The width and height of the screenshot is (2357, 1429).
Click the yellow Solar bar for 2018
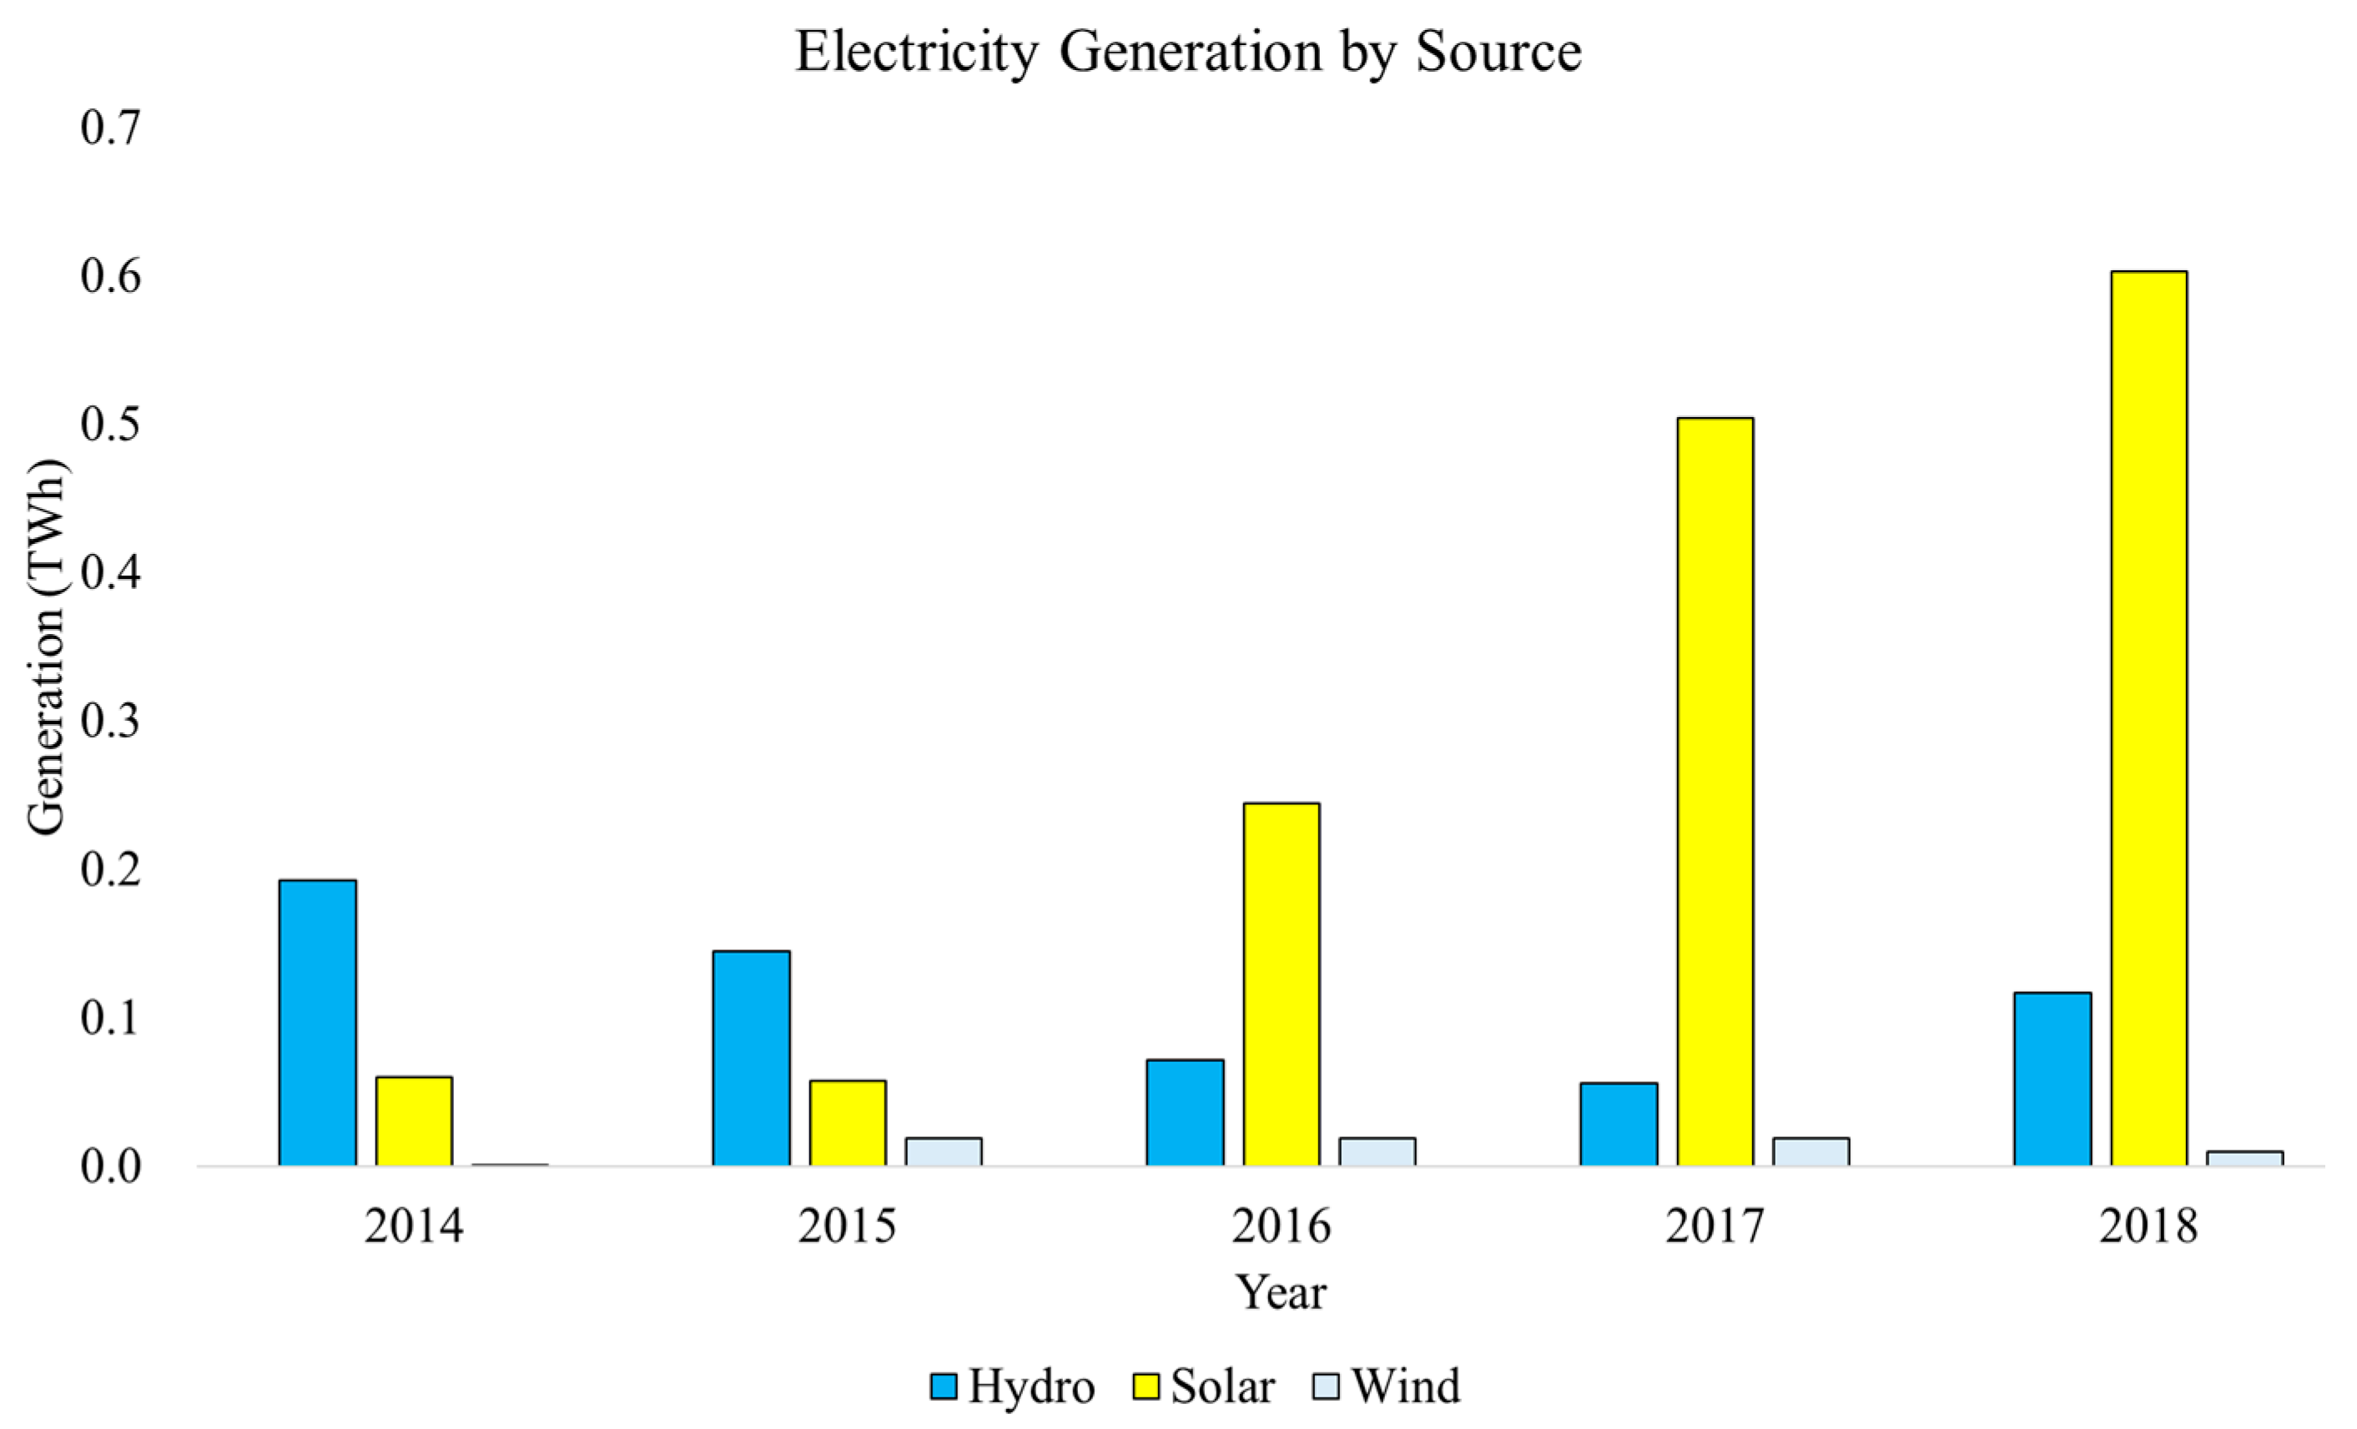point(2148,718)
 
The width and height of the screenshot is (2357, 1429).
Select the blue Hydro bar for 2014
point(318,1023)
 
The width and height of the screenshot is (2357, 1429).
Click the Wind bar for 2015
point(943,1151)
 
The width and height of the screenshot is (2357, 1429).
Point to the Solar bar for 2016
point(1281,984)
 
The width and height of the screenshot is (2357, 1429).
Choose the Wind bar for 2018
point(2244,1159)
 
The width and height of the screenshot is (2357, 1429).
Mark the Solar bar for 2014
point(413,1121)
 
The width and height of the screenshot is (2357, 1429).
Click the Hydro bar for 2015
point(751,1058)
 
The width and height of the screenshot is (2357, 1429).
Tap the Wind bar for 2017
point(1811,1151)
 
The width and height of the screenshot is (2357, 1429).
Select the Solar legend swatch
point(1146,1386)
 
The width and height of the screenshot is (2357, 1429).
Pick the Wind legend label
point(1406,1386)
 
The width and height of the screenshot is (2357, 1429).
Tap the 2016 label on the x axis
point(1281,1226)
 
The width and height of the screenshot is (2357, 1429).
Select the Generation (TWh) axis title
point(45,647)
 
